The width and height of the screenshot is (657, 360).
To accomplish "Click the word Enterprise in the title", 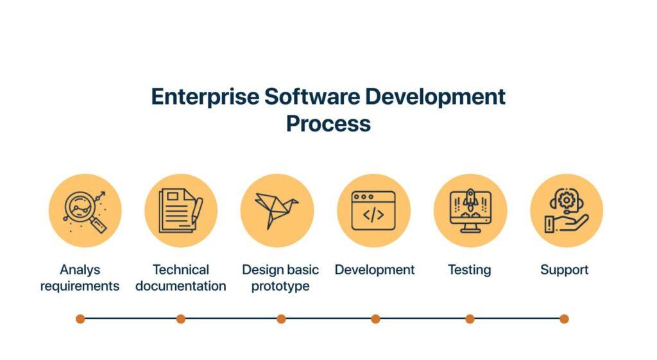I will click(205, 97).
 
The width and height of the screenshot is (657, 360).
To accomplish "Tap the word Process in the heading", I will click(328, 123).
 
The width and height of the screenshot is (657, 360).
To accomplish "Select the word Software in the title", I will click(312, 97).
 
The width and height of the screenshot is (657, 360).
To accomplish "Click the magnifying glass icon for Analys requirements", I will click(85, 210).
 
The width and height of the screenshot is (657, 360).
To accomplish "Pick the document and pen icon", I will click(181, 210).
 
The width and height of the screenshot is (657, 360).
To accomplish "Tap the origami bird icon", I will click(277, 210).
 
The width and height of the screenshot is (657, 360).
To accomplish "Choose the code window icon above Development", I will click(373, 210).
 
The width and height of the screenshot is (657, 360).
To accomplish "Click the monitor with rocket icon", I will click(470, 210).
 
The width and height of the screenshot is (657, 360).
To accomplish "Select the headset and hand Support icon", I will click(567, 210).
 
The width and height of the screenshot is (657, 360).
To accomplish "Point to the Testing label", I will click(469, 270).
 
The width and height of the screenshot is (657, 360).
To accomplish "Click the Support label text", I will click(564, 270).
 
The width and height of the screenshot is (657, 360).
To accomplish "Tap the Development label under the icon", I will click(375, 270).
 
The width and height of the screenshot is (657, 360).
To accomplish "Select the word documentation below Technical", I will click(180, 286).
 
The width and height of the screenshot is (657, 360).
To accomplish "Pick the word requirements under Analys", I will click(80, 286).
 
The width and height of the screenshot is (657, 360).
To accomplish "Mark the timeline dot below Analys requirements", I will click(80, 318).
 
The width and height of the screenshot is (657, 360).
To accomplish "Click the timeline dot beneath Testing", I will click(470, 318).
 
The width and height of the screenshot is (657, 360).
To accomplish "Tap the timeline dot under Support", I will click(564, 318).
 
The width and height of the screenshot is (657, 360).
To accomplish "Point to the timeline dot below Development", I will click(375, 318).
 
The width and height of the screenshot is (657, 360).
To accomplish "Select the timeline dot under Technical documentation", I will click(181, 318).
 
